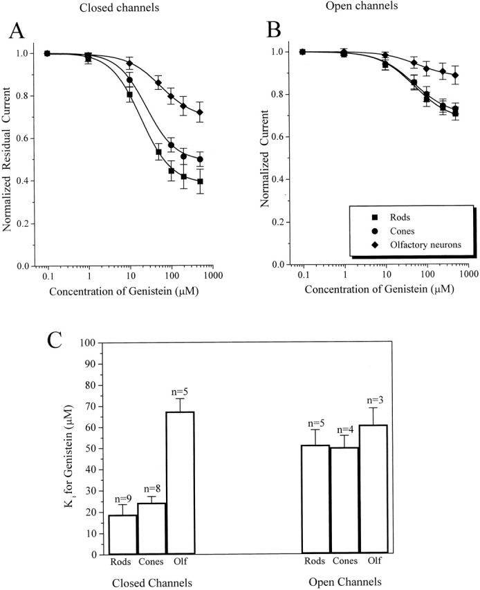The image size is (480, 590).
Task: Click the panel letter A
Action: [15, 32]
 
